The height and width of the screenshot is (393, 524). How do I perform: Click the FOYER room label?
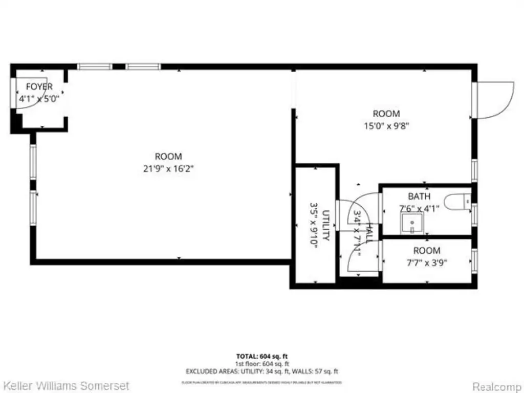tap(39, 87)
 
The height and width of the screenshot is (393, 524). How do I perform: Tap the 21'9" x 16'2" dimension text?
tap(168, 168)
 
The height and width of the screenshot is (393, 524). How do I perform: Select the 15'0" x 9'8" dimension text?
tap(386, 126)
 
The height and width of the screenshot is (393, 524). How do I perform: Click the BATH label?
tap(419, 196)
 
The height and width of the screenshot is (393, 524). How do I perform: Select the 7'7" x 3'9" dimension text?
tap(427, 263)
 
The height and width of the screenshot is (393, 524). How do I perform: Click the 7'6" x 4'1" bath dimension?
tap(419, 208)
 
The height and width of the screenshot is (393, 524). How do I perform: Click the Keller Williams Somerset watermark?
tap(66, 385)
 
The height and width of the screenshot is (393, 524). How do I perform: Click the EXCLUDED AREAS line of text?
tap(261, 372)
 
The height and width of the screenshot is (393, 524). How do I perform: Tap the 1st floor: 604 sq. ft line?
tap(261, 363)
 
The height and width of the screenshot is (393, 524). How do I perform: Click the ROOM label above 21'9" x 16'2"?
tap(168, 157)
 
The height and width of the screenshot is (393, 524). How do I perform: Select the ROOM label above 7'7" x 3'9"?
tap(427, 251)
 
